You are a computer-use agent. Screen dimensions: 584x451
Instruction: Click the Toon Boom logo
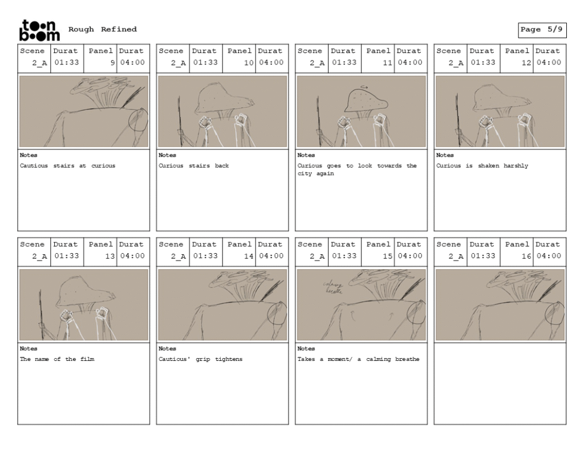pos(39,30)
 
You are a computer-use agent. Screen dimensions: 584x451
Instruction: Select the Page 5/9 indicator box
pos(542,30)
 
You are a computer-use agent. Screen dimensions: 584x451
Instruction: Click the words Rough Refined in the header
pos(103,29)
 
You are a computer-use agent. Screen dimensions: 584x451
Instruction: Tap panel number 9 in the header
pos(112,63)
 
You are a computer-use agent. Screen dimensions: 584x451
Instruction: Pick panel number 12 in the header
pos(526,63)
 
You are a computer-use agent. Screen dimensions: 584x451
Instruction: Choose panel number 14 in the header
pos(249,256)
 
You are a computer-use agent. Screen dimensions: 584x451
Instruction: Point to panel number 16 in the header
pos(526,256)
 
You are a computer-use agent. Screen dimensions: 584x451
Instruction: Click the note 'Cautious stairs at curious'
pos(67,166)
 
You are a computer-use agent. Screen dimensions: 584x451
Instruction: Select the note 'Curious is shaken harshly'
pos(482,166)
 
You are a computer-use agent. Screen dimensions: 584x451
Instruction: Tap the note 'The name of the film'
pos(57,359)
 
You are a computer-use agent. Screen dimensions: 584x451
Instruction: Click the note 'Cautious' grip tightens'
pos(200,359)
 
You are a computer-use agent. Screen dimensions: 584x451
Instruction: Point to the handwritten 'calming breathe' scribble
pos(332,288)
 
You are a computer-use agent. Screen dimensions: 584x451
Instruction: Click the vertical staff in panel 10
pos(180,121)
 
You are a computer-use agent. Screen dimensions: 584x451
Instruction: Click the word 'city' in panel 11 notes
pos(305,174)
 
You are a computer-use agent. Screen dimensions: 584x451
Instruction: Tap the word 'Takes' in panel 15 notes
pos(306,359)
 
